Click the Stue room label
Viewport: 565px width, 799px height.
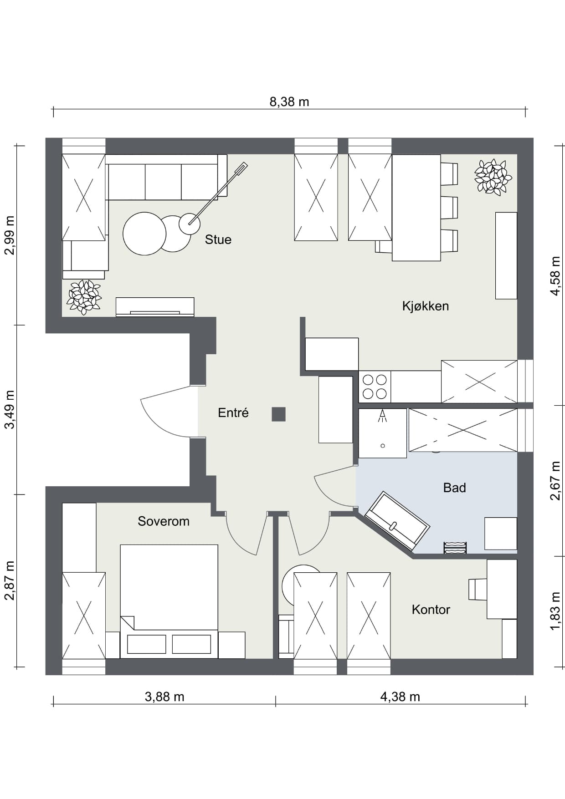click(x=218, y=239)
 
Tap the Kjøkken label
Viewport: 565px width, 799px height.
click(x=425, y=306)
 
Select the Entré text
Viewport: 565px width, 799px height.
click(x=233, y=413)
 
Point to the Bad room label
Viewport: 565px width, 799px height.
click(x=454, y=488)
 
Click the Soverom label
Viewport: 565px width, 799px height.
click(x=164, y=521)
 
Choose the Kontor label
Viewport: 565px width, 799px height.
click(x=431, y=610)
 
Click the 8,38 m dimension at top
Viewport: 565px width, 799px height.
click(x=289, y=102)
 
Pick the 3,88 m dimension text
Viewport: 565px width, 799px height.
click(x=164, y=697)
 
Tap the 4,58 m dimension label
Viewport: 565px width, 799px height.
click(x=555, y=276)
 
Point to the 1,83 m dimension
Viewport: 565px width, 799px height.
click(x=555, y=611)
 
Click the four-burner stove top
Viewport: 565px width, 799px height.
click(x=375, y=387)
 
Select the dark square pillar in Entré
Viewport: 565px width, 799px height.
click(x=279, y=414)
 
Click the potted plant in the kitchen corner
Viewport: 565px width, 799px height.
click(x=493, y=177)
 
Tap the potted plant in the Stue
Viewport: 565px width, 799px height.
click(x=84, y=297)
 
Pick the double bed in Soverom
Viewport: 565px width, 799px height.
click(x=169, y=601)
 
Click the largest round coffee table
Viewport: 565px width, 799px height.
click(x=144, y=234)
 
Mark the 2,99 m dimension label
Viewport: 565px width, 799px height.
click(x=10, y=235)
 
